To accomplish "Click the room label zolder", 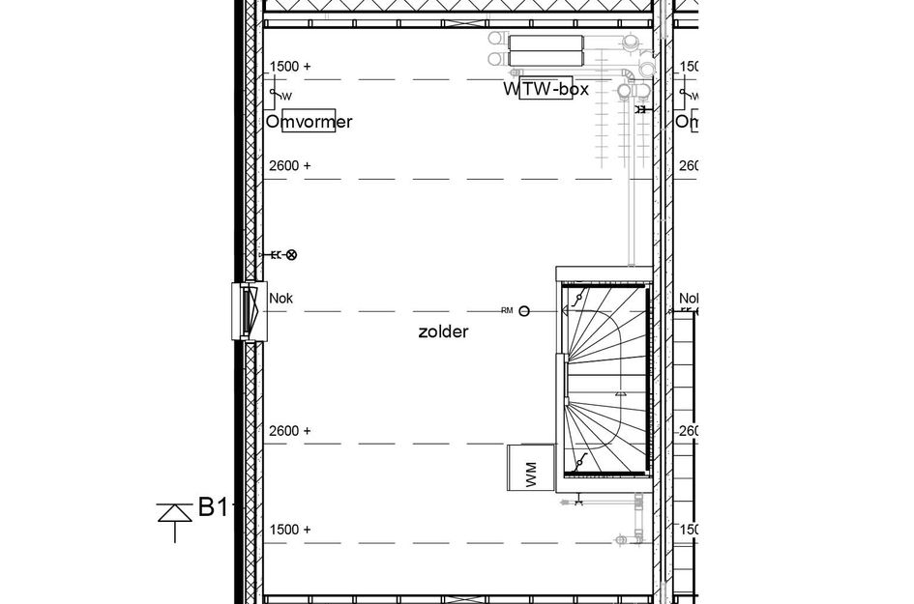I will (x=443, y=331).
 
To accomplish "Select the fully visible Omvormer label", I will (x=310, y=122).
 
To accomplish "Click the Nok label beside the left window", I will (x=280, y=299).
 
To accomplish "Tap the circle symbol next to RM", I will (x=523, y=311).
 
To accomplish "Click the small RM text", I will (x=507, y=311).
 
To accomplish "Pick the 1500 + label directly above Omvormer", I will (x=290, y=66).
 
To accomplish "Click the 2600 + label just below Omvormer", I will (x=290, y=165).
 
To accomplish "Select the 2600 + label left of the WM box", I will (x=290, y=431).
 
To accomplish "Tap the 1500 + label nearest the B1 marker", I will (x=290, y=530).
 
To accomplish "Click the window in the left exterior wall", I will (x=249, y=311).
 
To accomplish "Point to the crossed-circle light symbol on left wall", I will (x=291, y=255).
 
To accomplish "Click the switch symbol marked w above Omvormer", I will (x=280, y=95).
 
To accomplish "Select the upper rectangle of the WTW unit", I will (x=546, y=43).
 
